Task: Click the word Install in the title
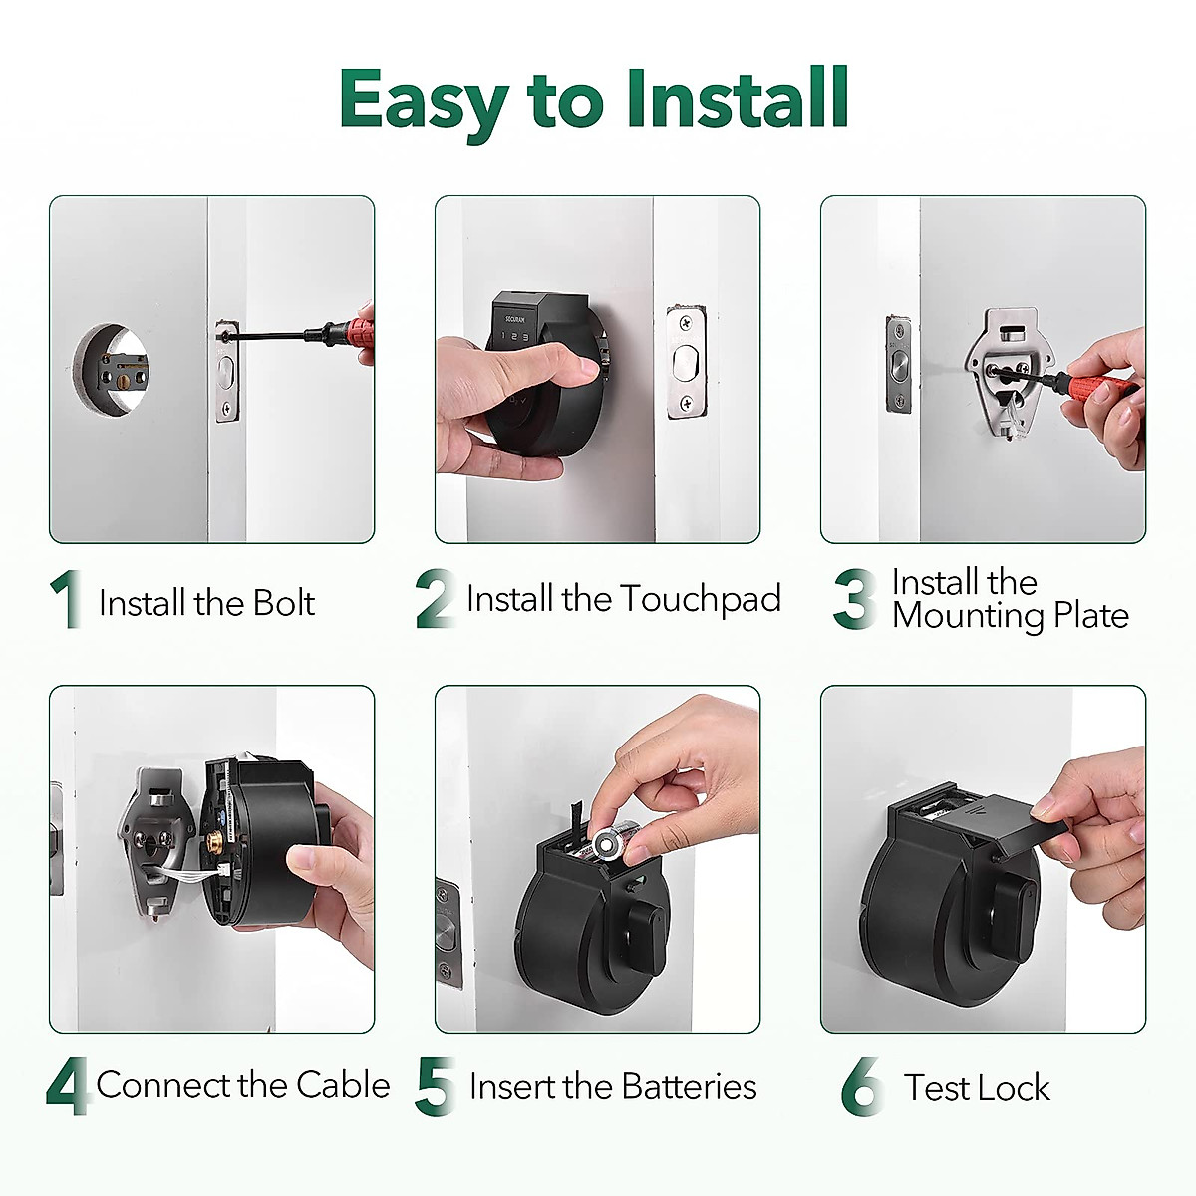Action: coord(738,100)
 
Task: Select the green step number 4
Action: coord(67,1087)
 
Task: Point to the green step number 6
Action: coord(861,1087)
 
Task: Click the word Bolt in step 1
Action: coord(283,603)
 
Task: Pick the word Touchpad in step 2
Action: coord(701,599)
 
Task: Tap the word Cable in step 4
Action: coord(343,1084)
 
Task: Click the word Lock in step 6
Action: coord(1014,1087)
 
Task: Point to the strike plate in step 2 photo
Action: coord(685,362)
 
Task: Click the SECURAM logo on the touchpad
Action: coord(515,319)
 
